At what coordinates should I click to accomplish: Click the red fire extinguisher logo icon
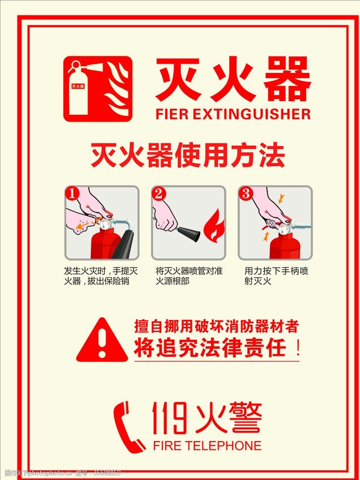tap(98, 89)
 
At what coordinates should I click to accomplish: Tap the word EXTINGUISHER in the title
tap(252, 114)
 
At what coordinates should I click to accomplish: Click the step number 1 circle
tap(72, 194)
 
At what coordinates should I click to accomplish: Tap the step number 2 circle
tap(159, 194)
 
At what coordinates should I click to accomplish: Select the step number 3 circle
tap(245, 194)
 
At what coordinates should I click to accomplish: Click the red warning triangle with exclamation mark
tap(102, 340)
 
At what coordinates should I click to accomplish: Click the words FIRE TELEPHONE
tap(207, 445)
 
